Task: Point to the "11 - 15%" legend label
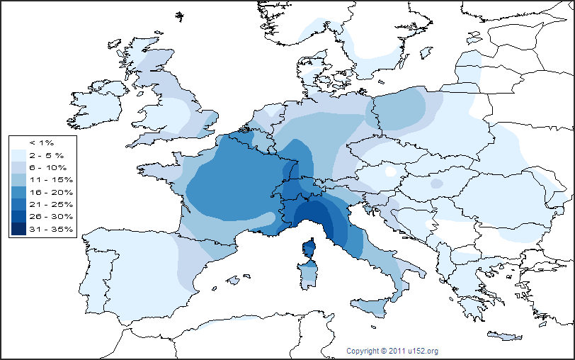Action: [45, 180]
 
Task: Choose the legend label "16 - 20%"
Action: [45, 192]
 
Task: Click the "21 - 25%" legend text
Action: [45, 204]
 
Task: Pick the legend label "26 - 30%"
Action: [45, 216]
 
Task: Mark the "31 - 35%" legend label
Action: [45, 228]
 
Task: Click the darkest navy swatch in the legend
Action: [18, 228]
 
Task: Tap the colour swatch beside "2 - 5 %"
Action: [18, 155]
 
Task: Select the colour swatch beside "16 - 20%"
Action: [18, 192]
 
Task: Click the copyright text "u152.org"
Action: [423, 351]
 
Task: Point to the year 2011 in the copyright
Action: [398, 351]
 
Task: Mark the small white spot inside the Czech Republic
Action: [390, 171]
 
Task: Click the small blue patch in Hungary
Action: [437, 184]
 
